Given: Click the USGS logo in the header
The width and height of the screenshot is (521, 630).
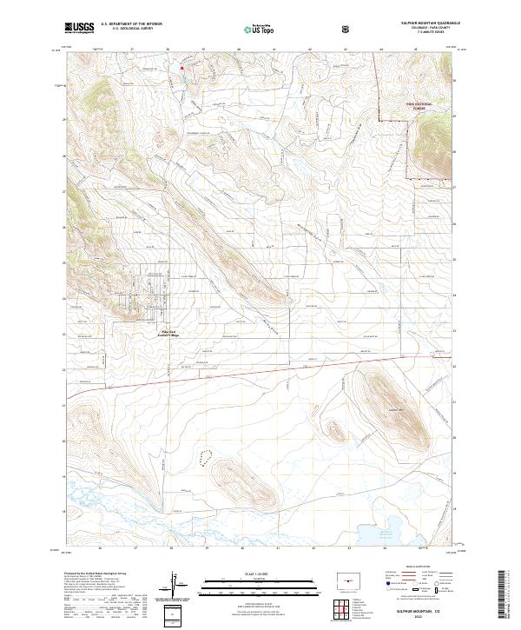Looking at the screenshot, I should (x=79, y=28).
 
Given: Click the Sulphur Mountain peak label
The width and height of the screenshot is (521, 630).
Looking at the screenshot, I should (x=397, y=408).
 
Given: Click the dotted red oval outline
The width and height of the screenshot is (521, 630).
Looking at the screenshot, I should (x=206, y=457).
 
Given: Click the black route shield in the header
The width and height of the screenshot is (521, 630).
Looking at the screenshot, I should (x=346, y=29).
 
